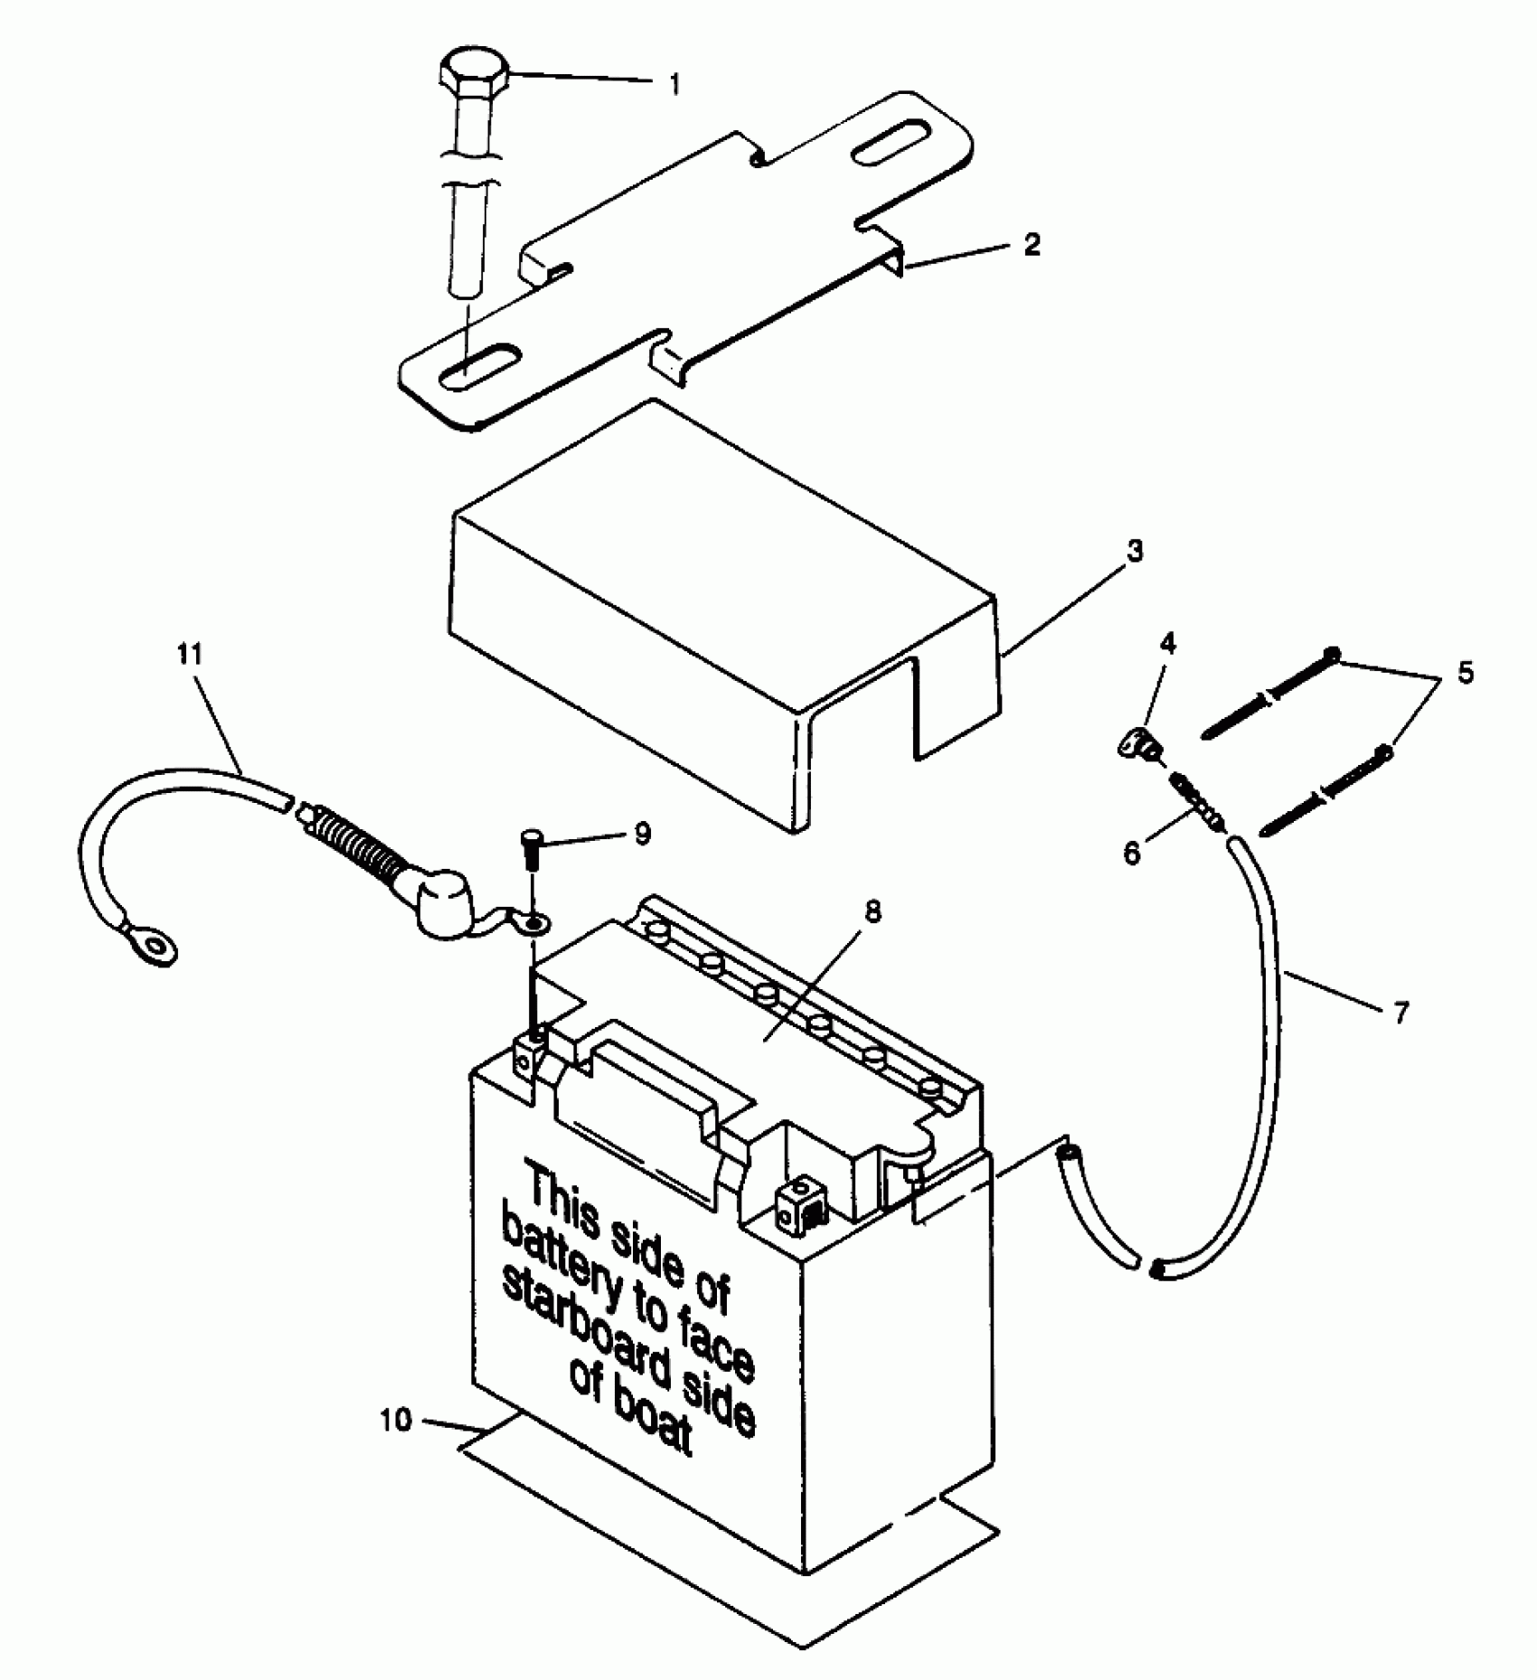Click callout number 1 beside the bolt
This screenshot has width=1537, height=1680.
coord(674,85)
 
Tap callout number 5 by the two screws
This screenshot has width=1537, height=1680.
coord(1465,673)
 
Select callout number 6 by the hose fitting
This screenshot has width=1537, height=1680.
coord(1133,853)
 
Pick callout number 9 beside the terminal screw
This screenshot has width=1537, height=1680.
coord(641,834)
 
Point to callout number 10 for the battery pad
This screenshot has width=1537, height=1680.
coord(396,1420)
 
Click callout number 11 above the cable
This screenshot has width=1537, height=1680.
coord(190,654)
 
